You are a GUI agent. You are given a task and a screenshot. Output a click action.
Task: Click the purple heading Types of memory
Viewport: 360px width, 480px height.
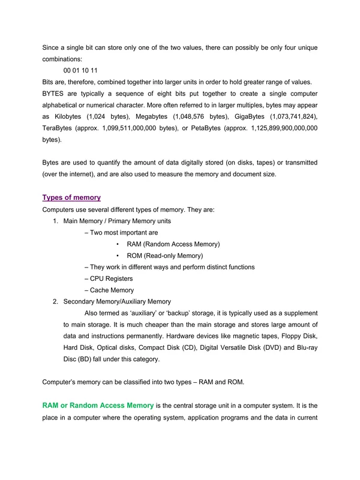click(71, 197)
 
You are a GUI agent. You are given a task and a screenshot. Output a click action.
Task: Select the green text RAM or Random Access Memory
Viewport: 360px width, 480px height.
click(98, 406)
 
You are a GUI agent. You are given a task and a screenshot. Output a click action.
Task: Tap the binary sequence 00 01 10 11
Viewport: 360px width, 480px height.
click(85, 70)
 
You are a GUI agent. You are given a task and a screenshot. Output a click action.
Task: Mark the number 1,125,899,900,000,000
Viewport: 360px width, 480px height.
click(281, 128)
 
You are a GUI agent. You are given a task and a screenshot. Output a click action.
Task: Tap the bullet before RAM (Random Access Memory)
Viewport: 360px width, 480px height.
click(117, 244)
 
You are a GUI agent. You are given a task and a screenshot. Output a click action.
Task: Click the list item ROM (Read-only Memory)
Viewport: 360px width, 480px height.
click(164, 256)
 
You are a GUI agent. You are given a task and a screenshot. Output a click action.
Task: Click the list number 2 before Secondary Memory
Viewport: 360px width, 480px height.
click(55, 302)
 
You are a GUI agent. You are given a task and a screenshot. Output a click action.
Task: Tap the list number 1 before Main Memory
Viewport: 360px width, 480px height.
click(55, 221)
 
